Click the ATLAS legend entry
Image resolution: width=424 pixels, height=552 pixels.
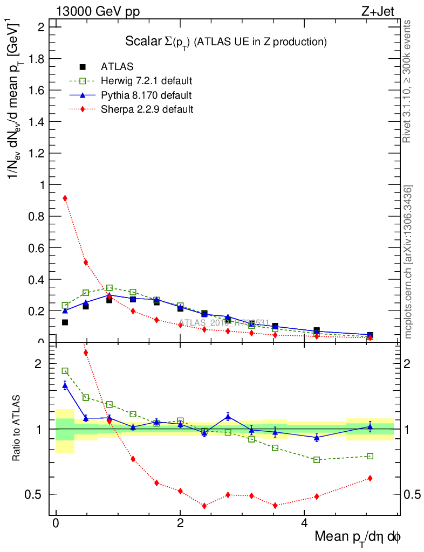tap(117, 67)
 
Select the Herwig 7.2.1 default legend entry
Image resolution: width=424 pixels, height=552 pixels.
tap(146, 81)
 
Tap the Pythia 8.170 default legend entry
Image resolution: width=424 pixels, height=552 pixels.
tap(146, 95)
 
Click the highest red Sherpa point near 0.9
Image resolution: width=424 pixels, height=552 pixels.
tap(65, 198)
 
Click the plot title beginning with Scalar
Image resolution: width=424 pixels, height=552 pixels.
tap(226, 41)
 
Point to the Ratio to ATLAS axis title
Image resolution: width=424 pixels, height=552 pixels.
tap(18, 429)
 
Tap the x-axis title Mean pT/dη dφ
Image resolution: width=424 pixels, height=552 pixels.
tap(358, 537)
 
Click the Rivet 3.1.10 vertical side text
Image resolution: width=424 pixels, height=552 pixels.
tap(407, 81)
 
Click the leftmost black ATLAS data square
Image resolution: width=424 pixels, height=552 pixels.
tap(65, 322)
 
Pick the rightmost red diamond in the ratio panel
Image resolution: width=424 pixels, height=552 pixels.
tap(370, 478)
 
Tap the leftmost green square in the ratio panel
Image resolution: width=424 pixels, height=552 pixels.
tap(65, 371)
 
